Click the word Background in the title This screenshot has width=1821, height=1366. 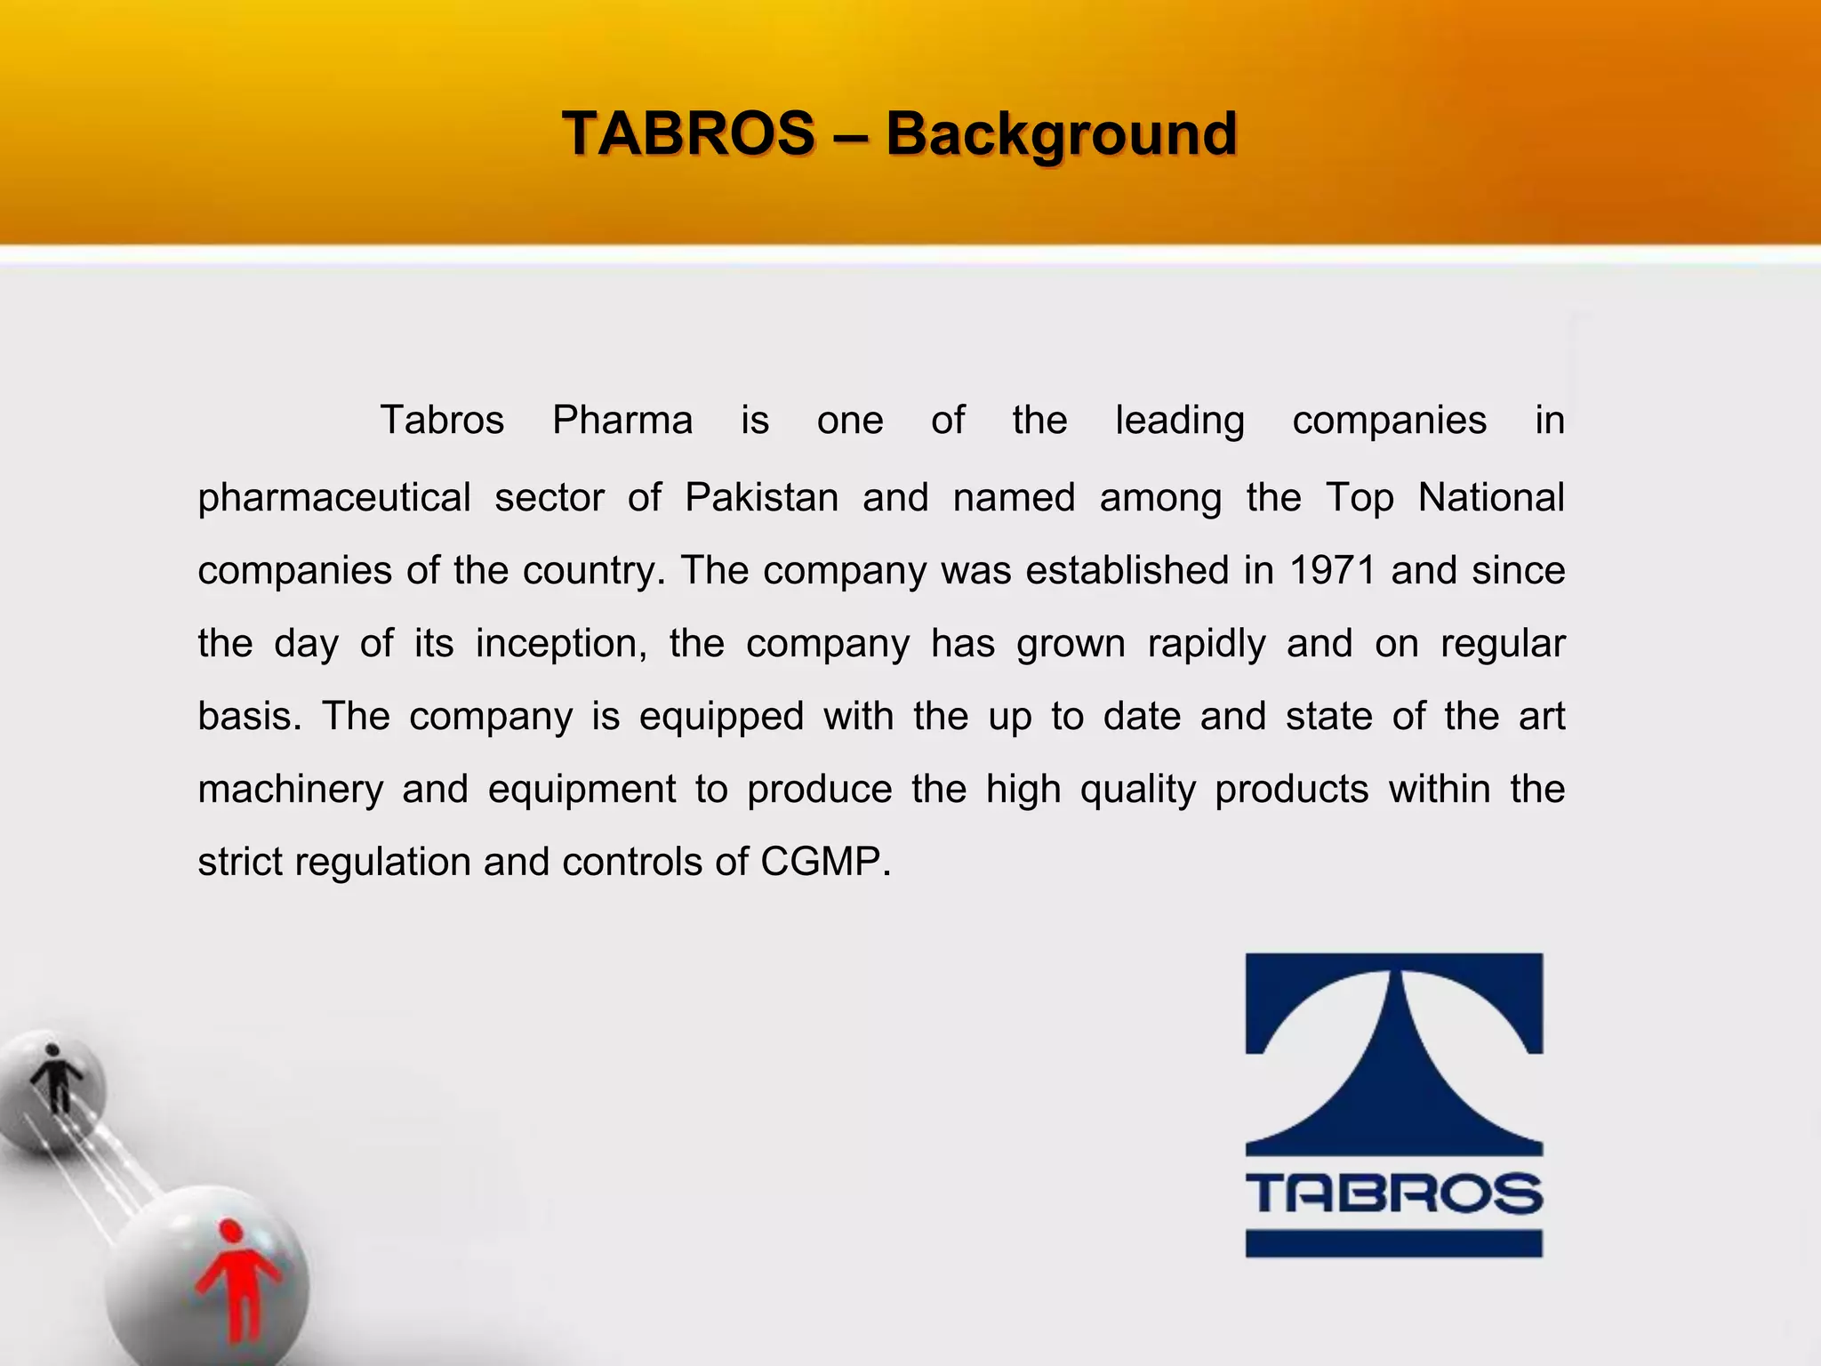coord(1061,134)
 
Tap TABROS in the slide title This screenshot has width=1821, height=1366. coord(689,134)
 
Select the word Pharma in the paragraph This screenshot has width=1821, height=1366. coord(622,420)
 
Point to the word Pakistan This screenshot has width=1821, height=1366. coord(762,497)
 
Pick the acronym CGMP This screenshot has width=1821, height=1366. coord(824,862)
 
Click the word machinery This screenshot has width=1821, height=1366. coord(290,790)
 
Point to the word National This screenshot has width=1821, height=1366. coord(1491,497)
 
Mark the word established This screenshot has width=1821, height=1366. coord(1127,570)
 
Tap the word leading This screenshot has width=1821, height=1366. coord(1180,422)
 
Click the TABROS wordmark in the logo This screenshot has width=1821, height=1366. coord(1393,1193)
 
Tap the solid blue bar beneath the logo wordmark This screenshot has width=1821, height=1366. coord(1393,1243)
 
